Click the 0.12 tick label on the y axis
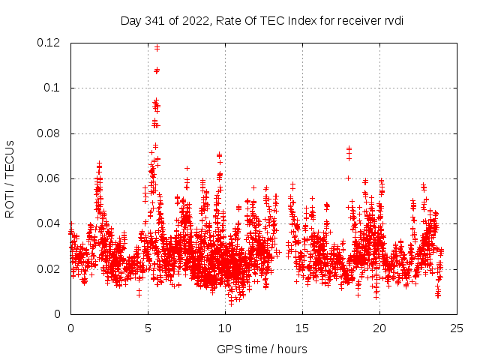49,43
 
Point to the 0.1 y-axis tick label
54,88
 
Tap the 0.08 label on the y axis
49,133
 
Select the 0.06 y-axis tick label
49,178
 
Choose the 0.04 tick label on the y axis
49,223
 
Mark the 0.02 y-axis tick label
49,268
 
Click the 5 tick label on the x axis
148,328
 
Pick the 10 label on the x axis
225,328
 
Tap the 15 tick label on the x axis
302,328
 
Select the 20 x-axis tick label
379,328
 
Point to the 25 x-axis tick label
457,328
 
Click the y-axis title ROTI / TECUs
10,178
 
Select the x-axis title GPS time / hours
262,349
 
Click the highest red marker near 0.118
157,47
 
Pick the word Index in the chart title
296,20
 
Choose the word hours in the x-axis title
291,349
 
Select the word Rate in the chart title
228,20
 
